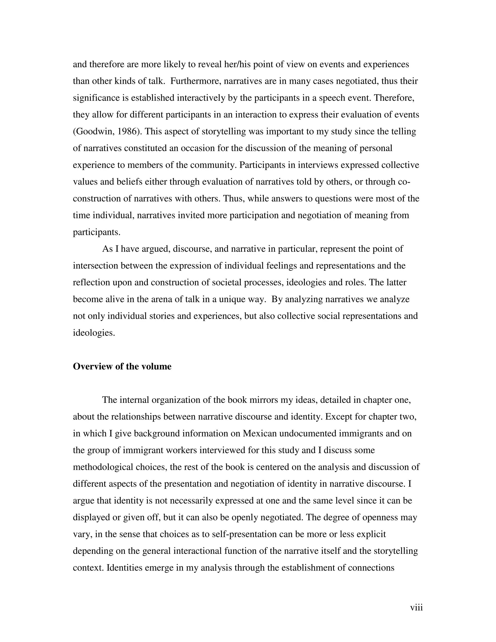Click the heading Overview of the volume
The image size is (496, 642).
[122, 367]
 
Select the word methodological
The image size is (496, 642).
[102, 467]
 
